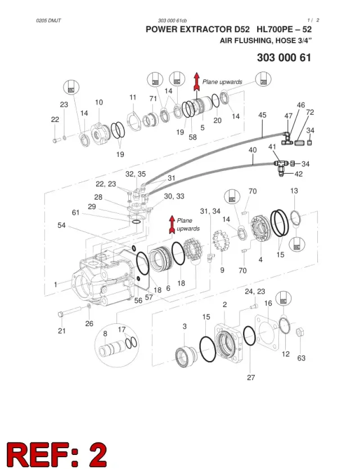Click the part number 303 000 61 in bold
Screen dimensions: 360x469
[x=284, y=57]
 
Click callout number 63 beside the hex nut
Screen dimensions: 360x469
[x=301, y=358]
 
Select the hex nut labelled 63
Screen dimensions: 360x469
[x=300, y=332]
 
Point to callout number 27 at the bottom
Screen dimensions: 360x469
[x=251, y=377]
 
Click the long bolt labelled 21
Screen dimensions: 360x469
[x=69, y=312]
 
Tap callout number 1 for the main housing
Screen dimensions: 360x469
[x=55, y=285]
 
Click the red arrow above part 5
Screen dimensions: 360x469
[x=196, y=82]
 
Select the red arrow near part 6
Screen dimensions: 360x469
[x=172, y=224]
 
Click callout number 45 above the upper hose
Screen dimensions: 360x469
[x=262, y=115]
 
